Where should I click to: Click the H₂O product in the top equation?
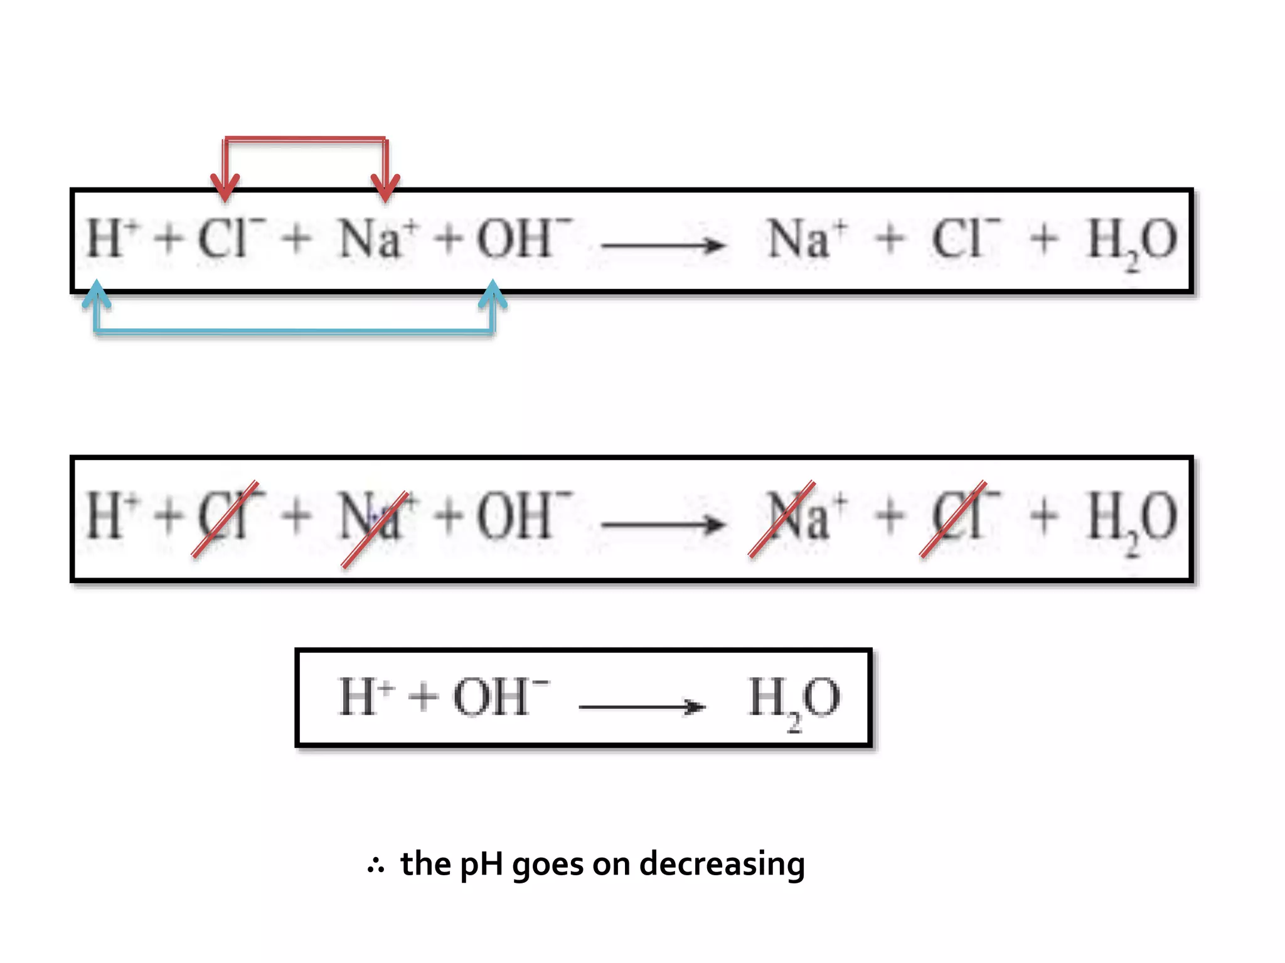coord(1131,241)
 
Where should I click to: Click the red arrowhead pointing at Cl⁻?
coord(225,187)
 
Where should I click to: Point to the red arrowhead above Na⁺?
coord(385,187)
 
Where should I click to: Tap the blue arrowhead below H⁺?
coord(96,295)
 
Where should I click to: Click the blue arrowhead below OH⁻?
coord(493,295)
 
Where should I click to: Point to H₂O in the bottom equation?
coord(794,699)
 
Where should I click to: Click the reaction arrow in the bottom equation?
coord(641,707)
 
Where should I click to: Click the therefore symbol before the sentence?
coord(375,866)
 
